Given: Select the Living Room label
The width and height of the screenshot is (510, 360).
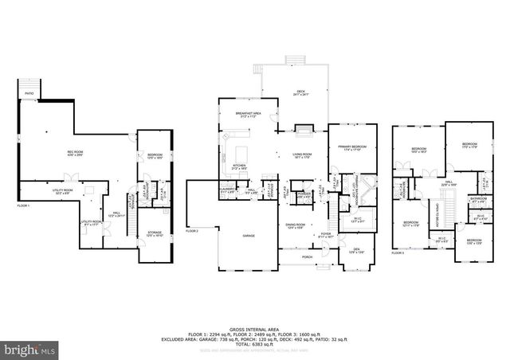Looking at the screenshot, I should click(x=301, y=156).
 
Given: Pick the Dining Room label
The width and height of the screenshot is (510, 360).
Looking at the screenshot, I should click(x=296, y=225).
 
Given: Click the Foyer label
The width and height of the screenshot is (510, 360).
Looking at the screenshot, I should click(x=326, y=235).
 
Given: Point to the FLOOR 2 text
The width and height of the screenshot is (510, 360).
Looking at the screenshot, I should click(x=192, y=231).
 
